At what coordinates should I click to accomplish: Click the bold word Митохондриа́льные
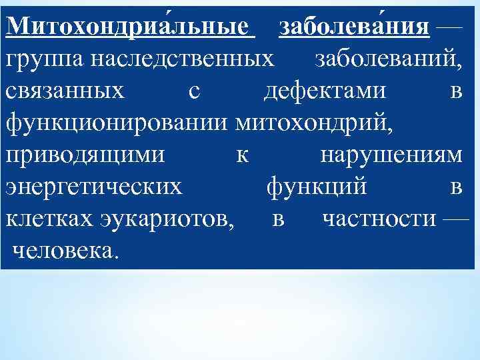pyautogui.click(x=131, y=27)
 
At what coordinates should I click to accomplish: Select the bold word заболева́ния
pyautogui.click(x=354, y=27)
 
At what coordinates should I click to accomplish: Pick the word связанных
pyautogui.click(x=65, y=91)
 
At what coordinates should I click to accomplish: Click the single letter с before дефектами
pyautogui.click(x=193, y=92)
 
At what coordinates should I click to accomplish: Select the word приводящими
pyautogui.click(x=85, y=155)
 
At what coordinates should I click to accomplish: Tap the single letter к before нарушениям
pyautogui.click(x=243, y=156)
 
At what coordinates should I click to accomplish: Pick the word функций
pyautogui.click(x=316, y=187)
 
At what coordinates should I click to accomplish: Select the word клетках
pyautogui.click(x=48, y=219)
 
